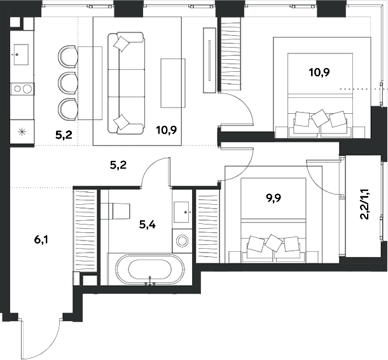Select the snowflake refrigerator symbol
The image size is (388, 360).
click(22, 132)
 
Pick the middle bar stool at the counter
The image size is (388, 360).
click(67, 82)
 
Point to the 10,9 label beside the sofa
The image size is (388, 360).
click(166, 130)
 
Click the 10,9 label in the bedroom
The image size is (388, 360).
click(319, 72)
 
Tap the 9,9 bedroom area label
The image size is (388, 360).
click(275, 198)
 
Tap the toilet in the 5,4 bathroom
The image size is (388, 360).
click(118, 210)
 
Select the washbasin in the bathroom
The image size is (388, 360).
click(184, 207)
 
